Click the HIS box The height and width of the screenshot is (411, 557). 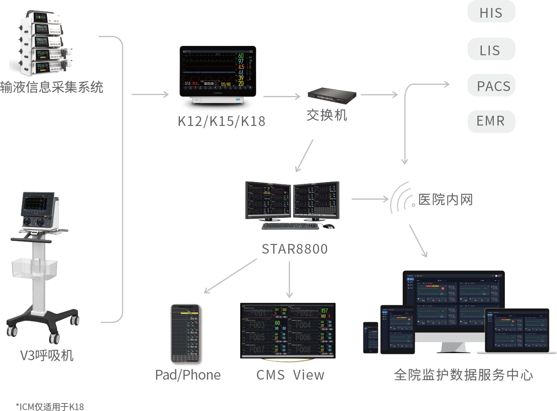pyautogui.click(x=491, y=12)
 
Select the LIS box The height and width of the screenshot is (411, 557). pyautogui.click(x=491, y=49)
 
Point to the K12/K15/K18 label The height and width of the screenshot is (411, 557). pyautogui.click(x=221, y=121)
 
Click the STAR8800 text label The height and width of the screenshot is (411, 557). pyautogui.click(x=294, y=249)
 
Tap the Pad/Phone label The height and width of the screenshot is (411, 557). pyautogui.click(x=188, y=375)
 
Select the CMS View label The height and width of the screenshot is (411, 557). pyautogui.click(x=290, y=375)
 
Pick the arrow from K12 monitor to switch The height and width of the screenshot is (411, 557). pyautogui.click(x=282, y=96)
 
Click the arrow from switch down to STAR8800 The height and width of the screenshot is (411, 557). pyautogui.click(x=305, y=156)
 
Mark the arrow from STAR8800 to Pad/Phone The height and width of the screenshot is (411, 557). pyautogui.click(x=230, y=276)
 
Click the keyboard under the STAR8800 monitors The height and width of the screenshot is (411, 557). pyautogui.click(x=290, y=226)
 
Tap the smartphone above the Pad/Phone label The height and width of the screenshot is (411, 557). pyautogui.click(x=185, y=334)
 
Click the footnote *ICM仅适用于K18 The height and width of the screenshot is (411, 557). pyautogui.click(x=50, y=407)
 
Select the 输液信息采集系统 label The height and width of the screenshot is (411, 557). pyautogui.click(x=52, y=87)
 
